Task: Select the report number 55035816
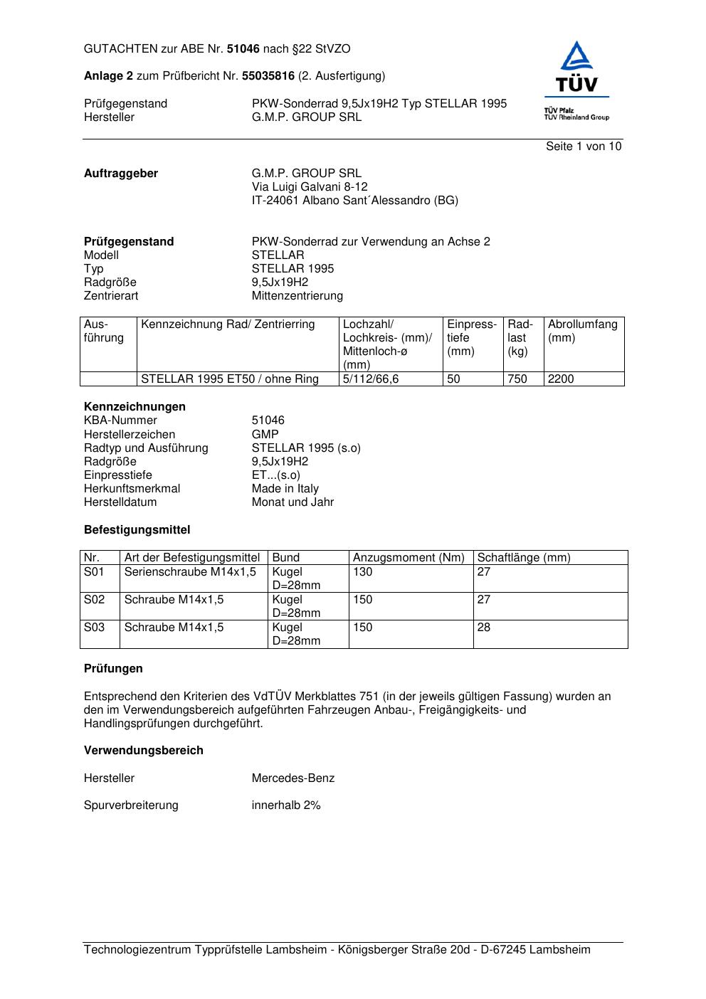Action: point(268,76)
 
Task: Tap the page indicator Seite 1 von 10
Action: point(584,147)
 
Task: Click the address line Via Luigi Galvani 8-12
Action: point(310,187)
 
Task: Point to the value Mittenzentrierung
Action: point(297,296)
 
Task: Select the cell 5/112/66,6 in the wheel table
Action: point(371,379)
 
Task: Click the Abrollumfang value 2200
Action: point(561,379)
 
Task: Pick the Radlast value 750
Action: point(517,379)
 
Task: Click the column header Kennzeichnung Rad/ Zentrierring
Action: point(228,324)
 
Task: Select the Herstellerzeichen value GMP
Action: point(265,434)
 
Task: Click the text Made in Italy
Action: point(285,489)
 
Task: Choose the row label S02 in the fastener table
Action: point(94,600)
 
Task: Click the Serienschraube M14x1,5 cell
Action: point(190,572)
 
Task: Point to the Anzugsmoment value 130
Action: point(363,572)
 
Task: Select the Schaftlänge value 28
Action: point(484,628)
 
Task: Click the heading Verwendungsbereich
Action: point(144,751)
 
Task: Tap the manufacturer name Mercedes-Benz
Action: point(293,778)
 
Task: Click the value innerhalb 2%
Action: point(286,805)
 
